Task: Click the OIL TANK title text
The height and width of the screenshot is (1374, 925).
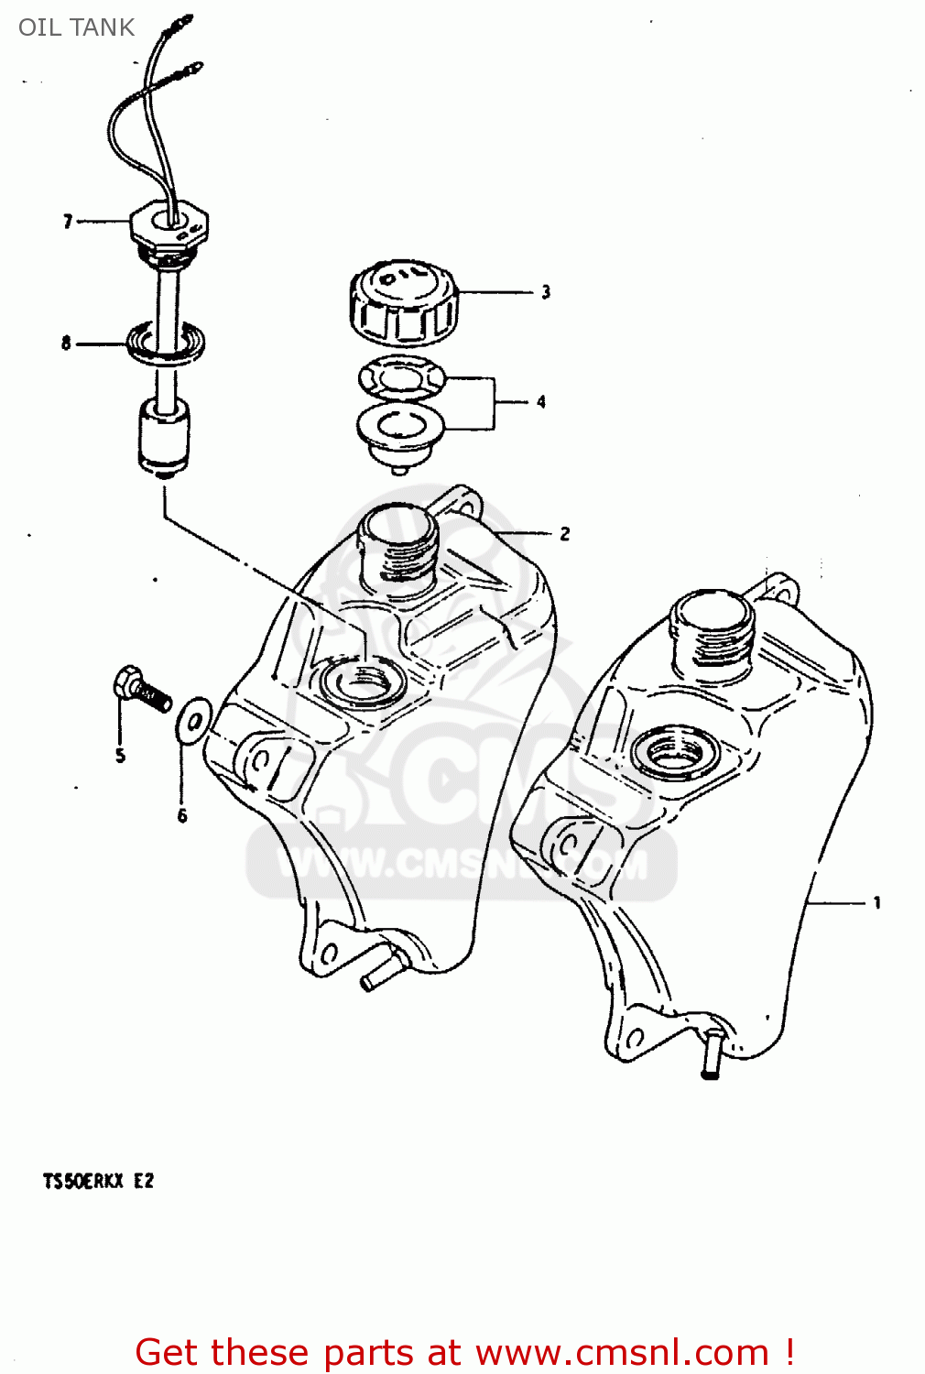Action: click(76, 27)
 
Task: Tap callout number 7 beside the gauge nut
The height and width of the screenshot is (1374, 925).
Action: click(68, 222)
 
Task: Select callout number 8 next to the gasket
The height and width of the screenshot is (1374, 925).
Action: click(66, 343)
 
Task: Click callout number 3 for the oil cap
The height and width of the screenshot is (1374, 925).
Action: click(546, 292)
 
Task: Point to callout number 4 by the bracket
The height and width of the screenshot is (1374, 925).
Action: click(541, 401)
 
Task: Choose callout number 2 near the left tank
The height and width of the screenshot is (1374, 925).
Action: click(565, 533)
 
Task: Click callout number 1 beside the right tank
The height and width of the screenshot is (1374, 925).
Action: click(877, 903)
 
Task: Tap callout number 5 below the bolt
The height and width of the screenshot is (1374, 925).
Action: click(120, 756)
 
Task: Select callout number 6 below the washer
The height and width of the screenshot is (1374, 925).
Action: click(182, 815)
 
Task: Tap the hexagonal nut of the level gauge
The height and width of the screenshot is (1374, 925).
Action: click(170, 224)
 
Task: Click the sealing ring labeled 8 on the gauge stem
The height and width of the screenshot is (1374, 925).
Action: click(166, 342)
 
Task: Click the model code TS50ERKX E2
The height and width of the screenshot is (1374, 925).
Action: click(98, 1181)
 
